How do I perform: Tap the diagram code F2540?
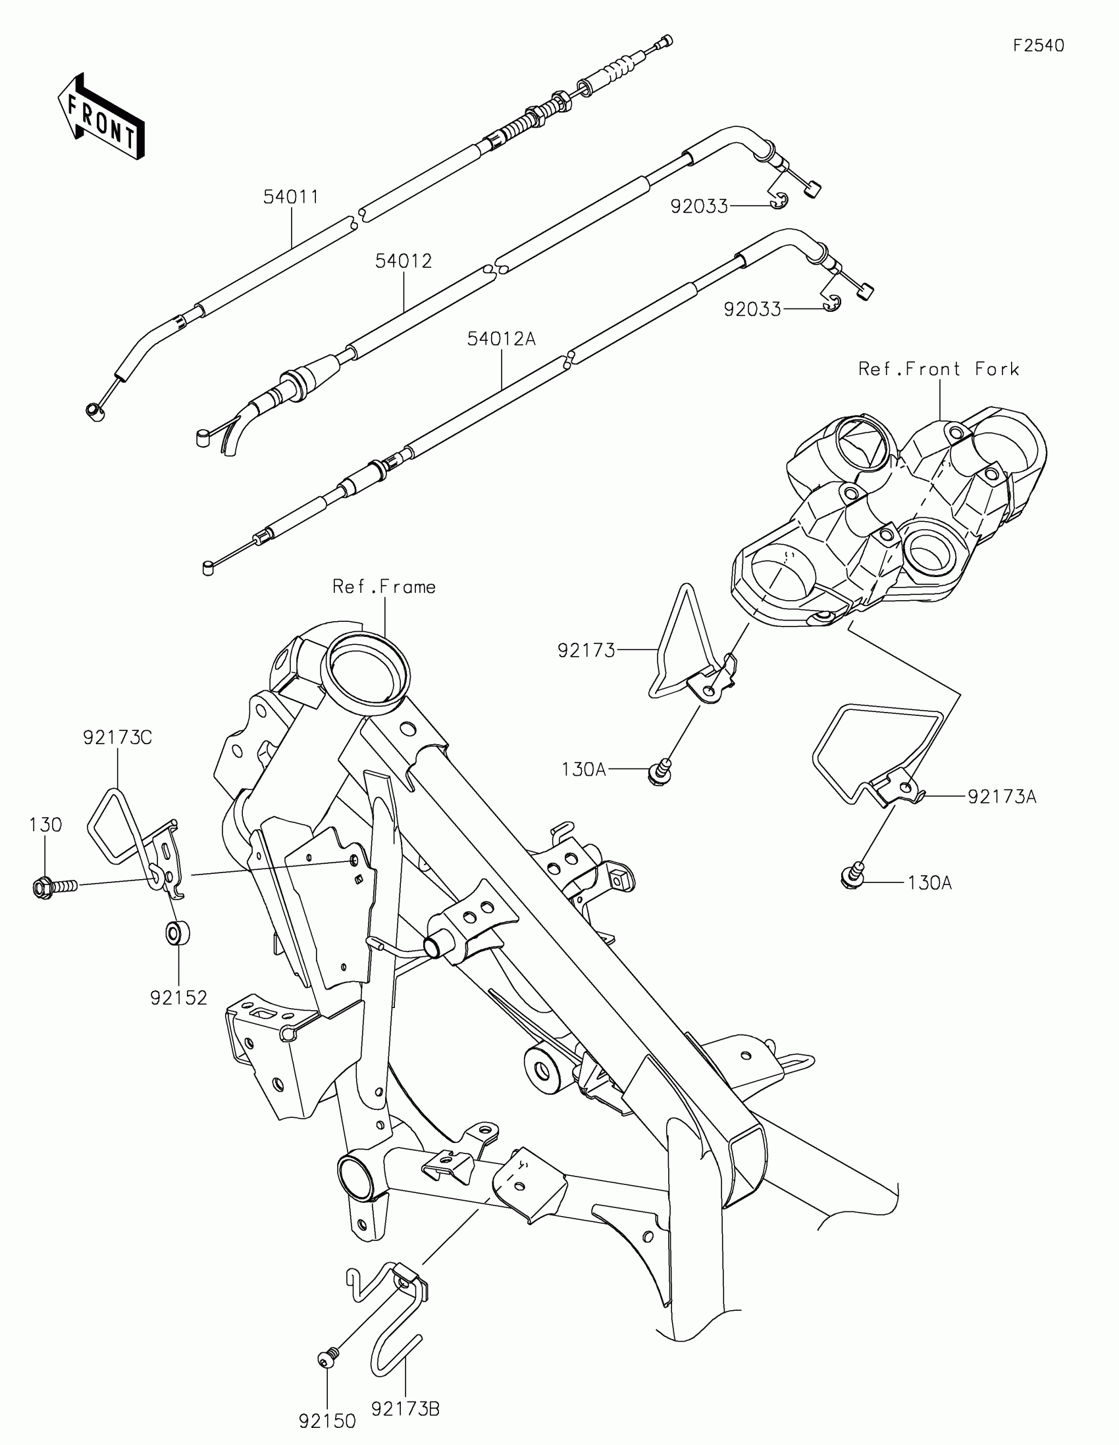tap(1038, 45)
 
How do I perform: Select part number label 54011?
tap(290, 197)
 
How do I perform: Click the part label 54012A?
tap(501, 339)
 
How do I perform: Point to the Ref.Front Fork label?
tap(939, 369)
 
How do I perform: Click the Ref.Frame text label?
tap(384, 587)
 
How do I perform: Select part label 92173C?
tap(118, 737)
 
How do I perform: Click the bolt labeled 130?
tap(53, 885)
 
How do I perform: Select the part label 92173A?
tap(1002, 797)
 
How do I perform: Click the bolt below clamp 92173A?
tap(852, 873)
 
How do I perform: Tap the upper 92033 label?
tap(699, 207)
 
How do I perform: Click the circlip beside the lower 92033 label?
tap(833, 305)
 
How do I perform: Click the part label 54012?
tap(403, 261)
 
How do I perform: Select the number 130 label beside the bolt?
tap(45, 825)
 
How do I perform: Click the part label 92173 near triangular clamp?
tap(586, 651)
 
